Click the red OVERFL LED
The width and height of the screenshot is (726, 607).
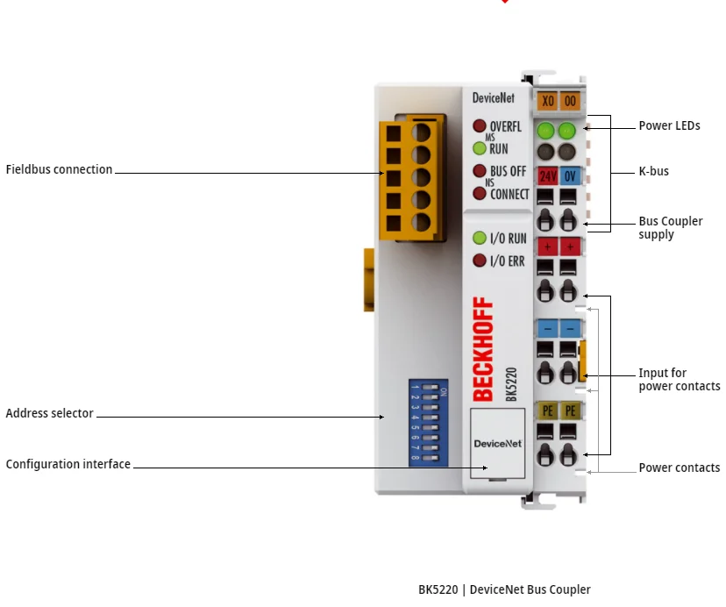[x=480, y=126]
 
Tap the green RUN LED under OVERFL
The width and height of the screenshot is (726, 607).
[x=480, y=148]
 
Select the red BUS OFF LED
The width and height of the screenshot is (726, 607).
[x=480, y=171]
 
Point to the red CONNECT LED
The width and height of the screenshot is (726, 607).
[x=480, y=193]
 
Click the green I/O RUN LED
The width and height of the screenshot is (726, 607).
[x=480, y=238]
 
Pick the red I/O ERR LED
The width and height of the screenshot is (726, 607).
[x=480, y=261]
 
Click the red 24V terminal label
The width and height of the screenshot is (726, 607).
[x=547, y=175]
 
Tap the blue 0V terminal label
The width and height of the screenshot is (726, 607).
[x=570, y=175]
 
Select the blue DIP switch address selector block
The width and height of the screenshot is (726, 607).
[x=428, y=422]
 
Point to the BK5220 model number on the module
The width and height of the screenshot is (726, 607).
[x=510, y=384]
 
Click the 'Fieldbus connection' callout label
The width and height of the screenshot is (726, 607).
[x=59, y=169]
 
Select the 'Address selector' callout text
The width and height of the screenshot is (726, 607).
[x=49, y=413]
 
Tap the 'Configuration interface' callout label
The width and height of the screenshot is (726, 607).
[x=68, y=464]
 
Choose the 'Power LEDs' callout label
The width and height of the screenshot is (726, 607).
[x=669, y=125]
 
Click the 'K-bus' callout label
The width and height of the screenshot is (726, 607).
[x=653, y=171]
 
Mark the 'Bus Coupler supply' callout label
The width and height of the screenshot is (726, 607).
[x=670, y=228]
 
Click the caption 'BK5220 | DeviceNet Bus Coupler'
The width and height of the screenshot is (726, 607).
[x=504, y=589]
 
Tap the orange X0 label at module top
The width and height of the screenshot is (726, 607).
[x=547, y=101]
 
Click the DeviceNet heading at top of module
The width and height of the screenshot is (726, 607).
[x=493, y=98]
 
